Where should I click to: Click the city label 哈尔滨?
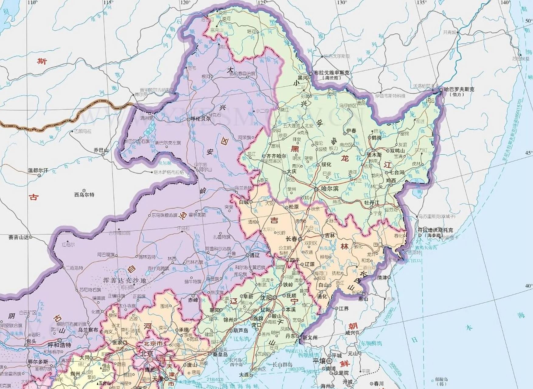click(330, 189)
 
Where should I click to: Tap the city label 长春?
click(291, 239)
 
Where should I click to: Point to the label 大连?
click(244, 375)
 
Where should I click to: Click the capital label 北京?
click(147, 354)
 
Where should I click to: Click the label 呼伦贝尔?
click(200, 119)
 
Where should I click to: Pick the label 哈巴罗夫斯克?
click(459, 90)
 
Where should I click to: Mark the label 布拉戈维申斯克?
click(332, 73)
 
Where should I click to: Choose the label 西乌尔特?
click(84, 195)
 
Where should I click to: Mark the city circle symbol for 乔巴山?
click(103, 154)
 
